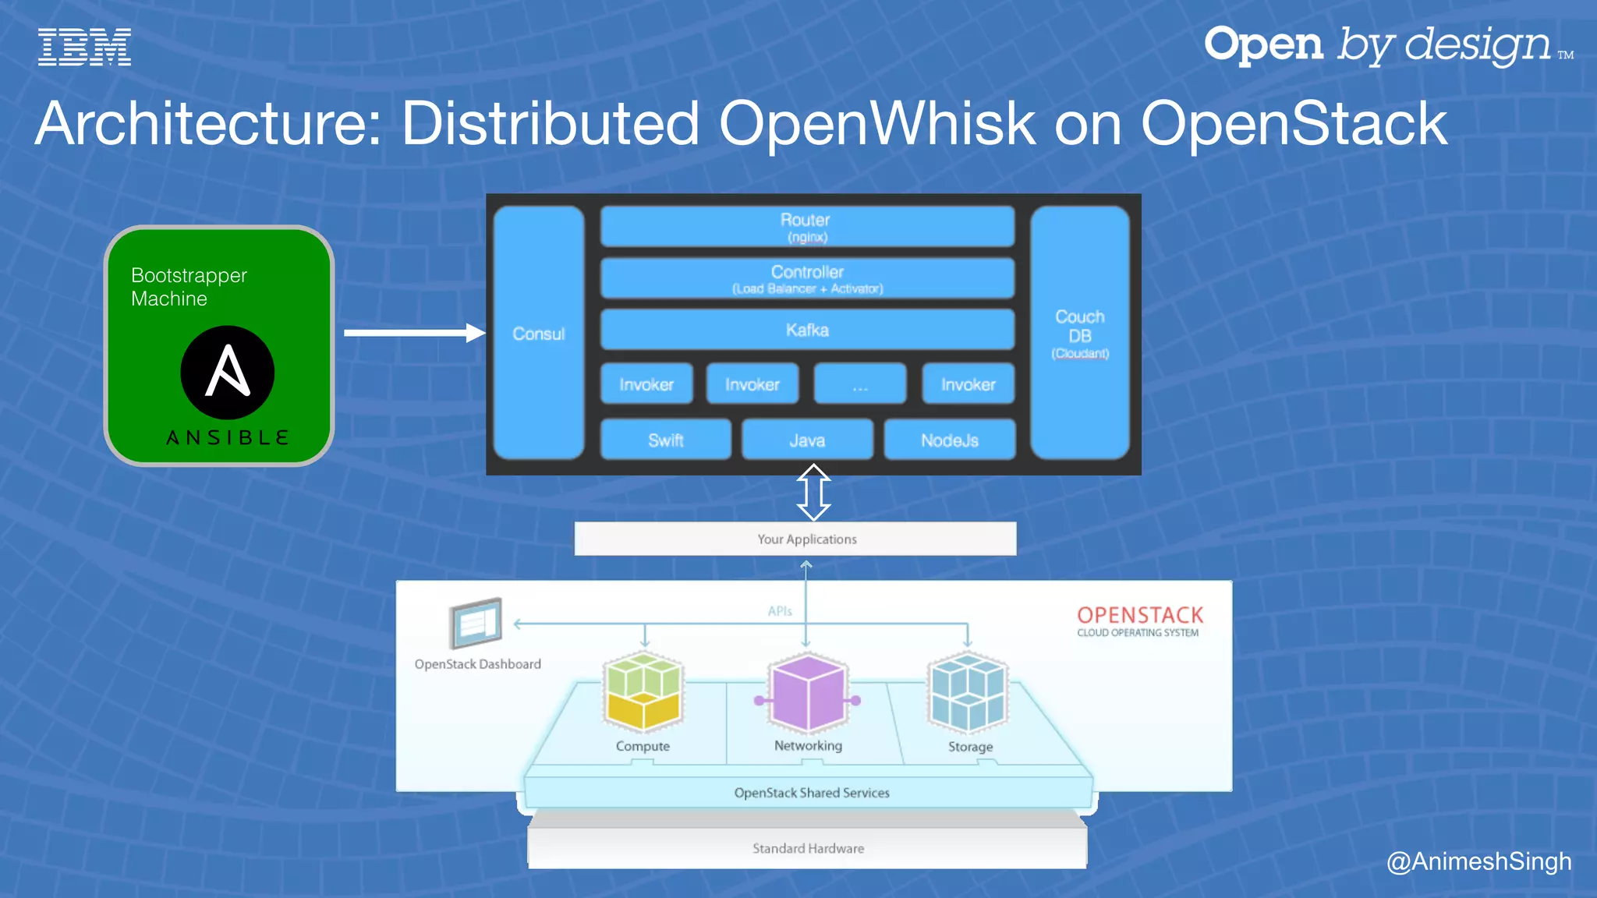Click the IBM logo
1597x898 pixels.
click(x=84, y=48)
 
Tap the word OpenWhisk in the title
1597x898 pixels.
click(x=876, y=124)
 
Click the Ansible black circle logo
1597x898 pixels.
click(x=227, y=372)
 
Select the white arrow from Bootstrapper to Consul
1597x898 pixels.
click(x=413, y=333)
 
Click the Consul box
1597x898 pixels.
click(x=539, y=334)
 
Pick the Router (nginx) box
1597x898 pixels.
click(x=807, y=227)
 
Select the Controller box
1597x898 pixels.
click(x=807, y=278)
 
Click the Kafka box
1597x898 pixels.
click(x=807, y=330)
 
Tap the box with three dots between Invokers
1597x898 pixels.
click(x=860, y=384)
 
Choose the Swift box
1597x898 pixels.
click(x=665, y=440)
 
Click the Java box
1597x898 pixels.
click(x=807, y=440)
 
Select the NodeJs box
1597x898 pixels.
click(x=949, y=440)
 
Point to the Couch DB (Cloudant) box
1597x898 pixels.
click(x=1080, y=334)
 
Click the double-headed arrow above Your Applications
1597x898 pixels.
click(x=813, y=493)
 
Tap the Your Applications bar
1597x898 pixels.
click(x=795, y=539)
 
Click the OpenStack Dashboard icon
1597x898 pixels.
click(x=476, y=623)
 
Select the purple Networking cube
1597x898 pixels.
click(x=808, y=693)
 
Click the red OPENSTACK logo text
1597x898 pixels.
click(x=1139, y=615)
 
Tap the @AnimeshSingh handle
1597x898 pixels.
click(x=1478, y=861)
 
